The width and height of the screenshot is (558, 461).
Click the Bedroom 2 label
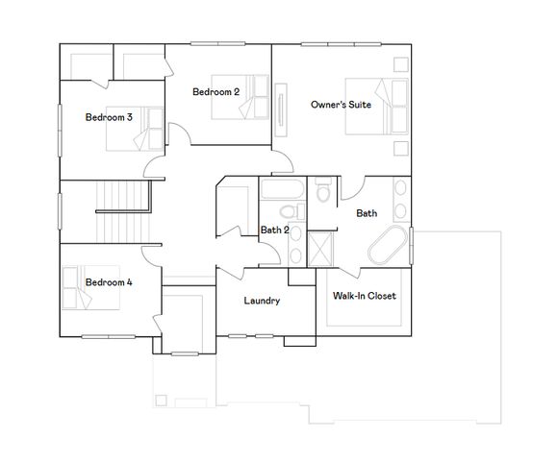point(216,92)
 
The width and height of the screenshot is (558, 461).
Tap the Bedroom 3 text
point(109,117)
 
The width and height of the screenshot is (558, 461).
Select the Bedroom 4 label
point(109,282)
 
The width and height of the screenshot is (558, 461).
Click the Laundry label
point(262,301)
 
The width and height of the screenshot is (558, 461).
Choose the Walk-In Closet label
point(364,296)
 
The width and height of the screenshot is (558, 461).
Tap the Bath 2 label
point(275,230)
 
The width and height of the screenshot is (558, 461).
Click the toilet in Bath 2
point(287,211)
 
